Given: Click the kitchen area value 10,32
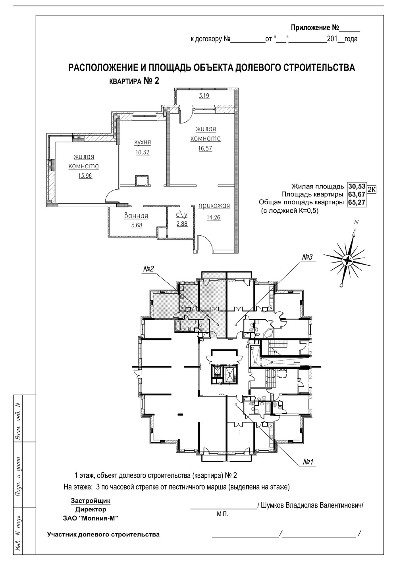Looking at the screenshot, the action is (x=143, y=152).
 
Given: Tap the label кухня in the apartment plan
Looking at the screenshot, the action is (x=143, y=142).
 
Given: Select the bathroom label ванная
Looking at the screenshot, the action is (x=136, y=216).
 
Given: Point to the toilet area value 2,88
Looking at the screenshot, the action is (x=182, y=224).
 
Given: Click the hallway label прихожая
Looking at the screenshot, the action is (x=214, y=206).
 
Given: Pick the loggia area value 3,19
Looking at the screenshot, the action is (x=204, y=96).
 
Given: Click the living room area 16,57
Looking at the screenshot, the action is (x=206, y=148).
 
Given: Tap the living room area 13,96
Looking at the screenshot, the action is (x=85, y=176).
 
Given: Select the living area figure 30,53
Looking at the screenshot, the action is (x=357, y=186).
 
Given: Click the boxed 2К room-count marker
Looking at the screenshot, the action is (x=372, y=189).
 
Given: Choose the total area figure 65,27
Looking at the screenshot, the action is (x=357, y=202).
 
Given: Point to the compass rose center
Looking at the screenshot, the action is (x=347, y=260).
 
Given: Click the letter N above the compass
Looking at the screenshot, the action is (x=357, y=222).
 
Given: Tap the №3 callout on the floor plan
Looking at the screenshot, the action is (x=308, y=257).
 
